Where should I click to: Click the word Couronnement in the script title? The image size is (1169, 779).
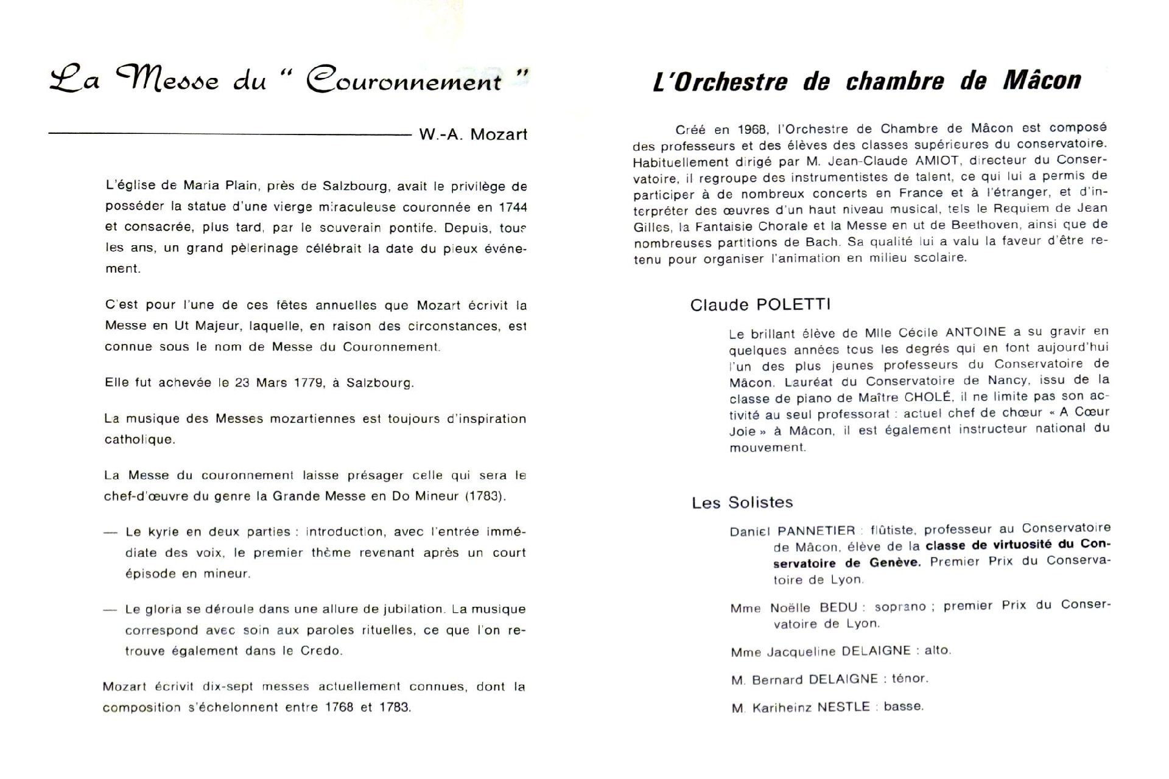click(x=404, y=81)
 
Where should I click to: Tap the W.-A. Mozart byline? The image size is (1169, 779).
click(x=472, y=134)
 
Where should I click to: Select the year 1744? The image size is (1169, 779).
click(x=513, y=208)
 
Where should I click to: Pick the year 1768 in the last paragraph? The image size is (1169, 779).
click(x=339, y=708)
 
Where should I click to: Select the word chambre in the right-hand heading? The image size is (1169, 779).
click(x=895, y=82)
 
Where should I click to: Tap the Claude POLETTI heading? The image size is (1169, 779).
click(x=760, y=304)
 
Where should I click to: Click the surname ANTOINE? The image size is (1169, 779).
click(x=975, y=332)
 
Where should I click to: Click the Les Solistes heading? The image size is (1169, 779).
click(x=742, y=503)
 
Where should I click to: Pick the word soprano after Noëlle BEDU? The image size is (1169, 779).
click(x=900, y=607)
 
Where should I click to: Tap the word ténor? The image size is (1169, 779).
click(x=910, y=679)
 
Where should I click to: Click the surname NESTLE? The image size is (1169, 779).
click(x=843, y=707)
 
